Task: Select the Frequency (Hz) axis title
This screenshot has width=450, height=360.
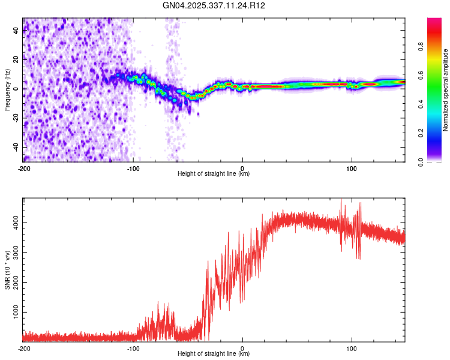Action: click(7, 90)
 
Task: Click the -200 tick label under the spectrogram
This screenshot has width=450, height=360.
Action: click(24, 168)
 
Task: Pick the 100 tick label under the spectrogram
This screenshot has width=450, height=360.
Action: click(352, 168)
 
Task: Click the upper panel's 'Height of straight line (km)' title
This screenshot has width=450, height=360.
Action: click(214, 174)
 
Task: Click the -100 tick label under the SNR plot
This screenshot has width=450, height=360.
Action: click(133, 348)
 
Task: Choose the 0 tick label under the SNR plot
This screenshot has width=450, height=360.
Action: click(242, 348)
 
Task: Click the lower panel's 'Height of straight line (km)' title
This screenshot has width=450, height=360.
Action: click(214, 354)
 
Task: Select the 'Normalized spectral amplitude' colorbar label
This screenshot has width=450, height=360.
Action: click(445, 90)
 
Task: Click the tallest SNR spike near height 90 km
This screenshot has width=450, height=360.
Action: click(341, 200)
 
